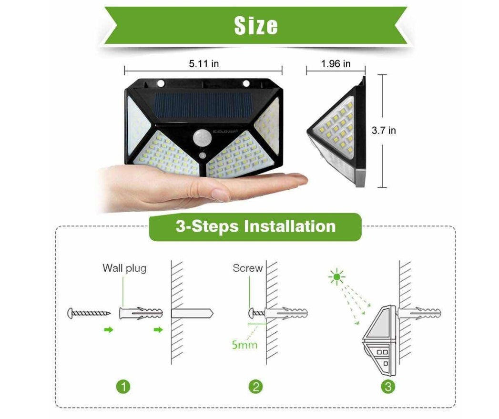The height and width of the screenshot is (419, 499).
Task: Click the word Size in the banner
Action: [256, 26]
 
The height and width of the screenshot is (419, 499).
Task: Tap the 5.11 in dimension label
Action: [204, 63]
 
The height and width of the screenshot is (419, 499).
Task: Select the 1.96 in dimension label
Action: [336, 63]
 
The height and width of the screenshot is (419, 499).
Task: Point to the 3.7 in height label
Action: [384, 130]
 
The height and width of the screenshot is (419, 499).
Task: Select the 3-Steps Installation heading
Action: [255, 226]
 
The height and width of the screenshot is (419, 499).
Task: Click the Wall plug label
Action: [124, 268]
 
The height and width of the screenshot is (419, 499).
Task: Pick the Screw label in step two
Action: [247, 268]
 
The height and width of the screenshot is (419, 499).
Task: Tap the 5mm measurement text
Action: [244, 344]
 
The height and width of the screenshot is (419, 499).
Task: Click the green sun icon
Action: [338, 276]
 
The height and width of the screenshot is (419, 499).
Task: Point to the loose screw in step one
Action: [89, 313]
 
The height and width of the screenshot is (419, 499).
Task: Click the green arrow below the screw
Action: [109, 329]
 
